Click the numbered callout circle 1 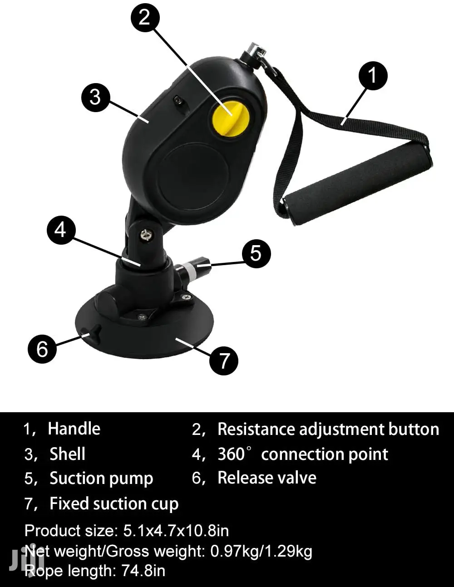pyautogui.click(x=373, y=75)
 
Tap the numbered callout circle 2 pyautogui.click(x=145, y=18)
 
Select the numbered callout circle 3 pyautogui.click(x=96, y=98)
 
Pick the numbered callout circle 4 pyautogui.click(x=61, y=230)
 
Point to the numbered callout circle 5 pyautogui.click(x=257, y=253)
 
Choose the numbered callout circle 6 pyautogui.click(x=42, y=349)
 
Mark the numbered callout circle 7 pyautogui.click(x=224, y=360)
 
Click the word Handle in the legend pyautogui.click(x=74, y=429)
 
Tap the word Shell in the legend pyautogui.click(x=68, y=454)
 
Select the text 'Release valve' pyautogui.click(x=267, y=478)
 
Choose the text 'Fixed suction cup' pyautogui.click(x=114, y=504)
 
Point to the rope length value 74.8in pyautogui.click(x=143, y=571)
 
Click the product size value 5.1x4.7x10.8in pyautogui.click(x=176, y=530)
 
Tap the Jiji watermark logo pyautogui.click(x=26, y=557)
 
